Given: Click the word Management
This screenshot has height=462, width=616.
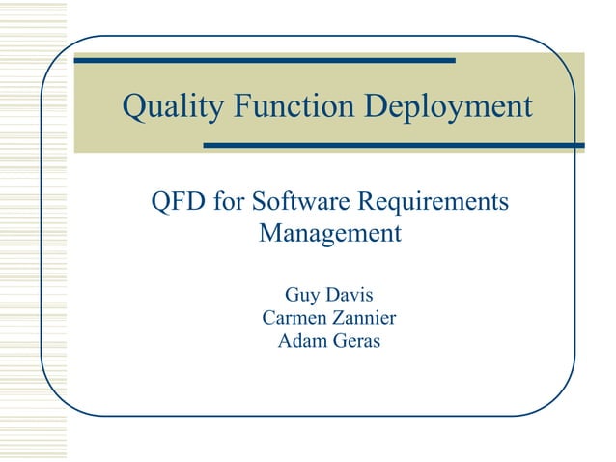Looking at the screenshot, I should click(330, 234).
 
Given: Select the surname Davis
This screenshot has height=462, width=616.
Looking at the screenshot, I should click(350, 294).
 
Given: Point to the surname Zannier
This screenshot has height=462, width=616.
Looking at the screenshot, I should click(365, 317).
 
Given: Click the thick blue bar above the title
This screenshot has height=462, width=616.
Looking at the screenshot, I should click(265, 60).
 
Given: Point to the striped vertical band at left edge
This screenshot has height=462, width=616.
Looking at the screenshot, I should click(33, 232).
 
